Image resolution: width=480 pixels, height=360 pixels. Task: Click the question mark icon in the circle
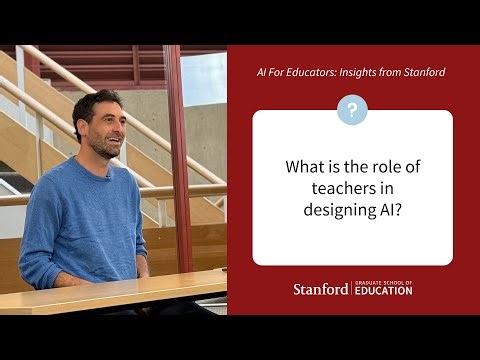(352, 110)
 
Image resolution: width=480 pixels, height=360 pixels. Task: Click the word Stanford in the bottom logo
(321, 289)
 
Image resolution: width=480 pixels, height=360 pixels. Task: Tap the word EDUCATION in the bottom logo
(383, 293)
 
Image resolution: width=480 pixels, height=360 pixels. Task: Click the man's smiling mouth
(115, 143)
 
